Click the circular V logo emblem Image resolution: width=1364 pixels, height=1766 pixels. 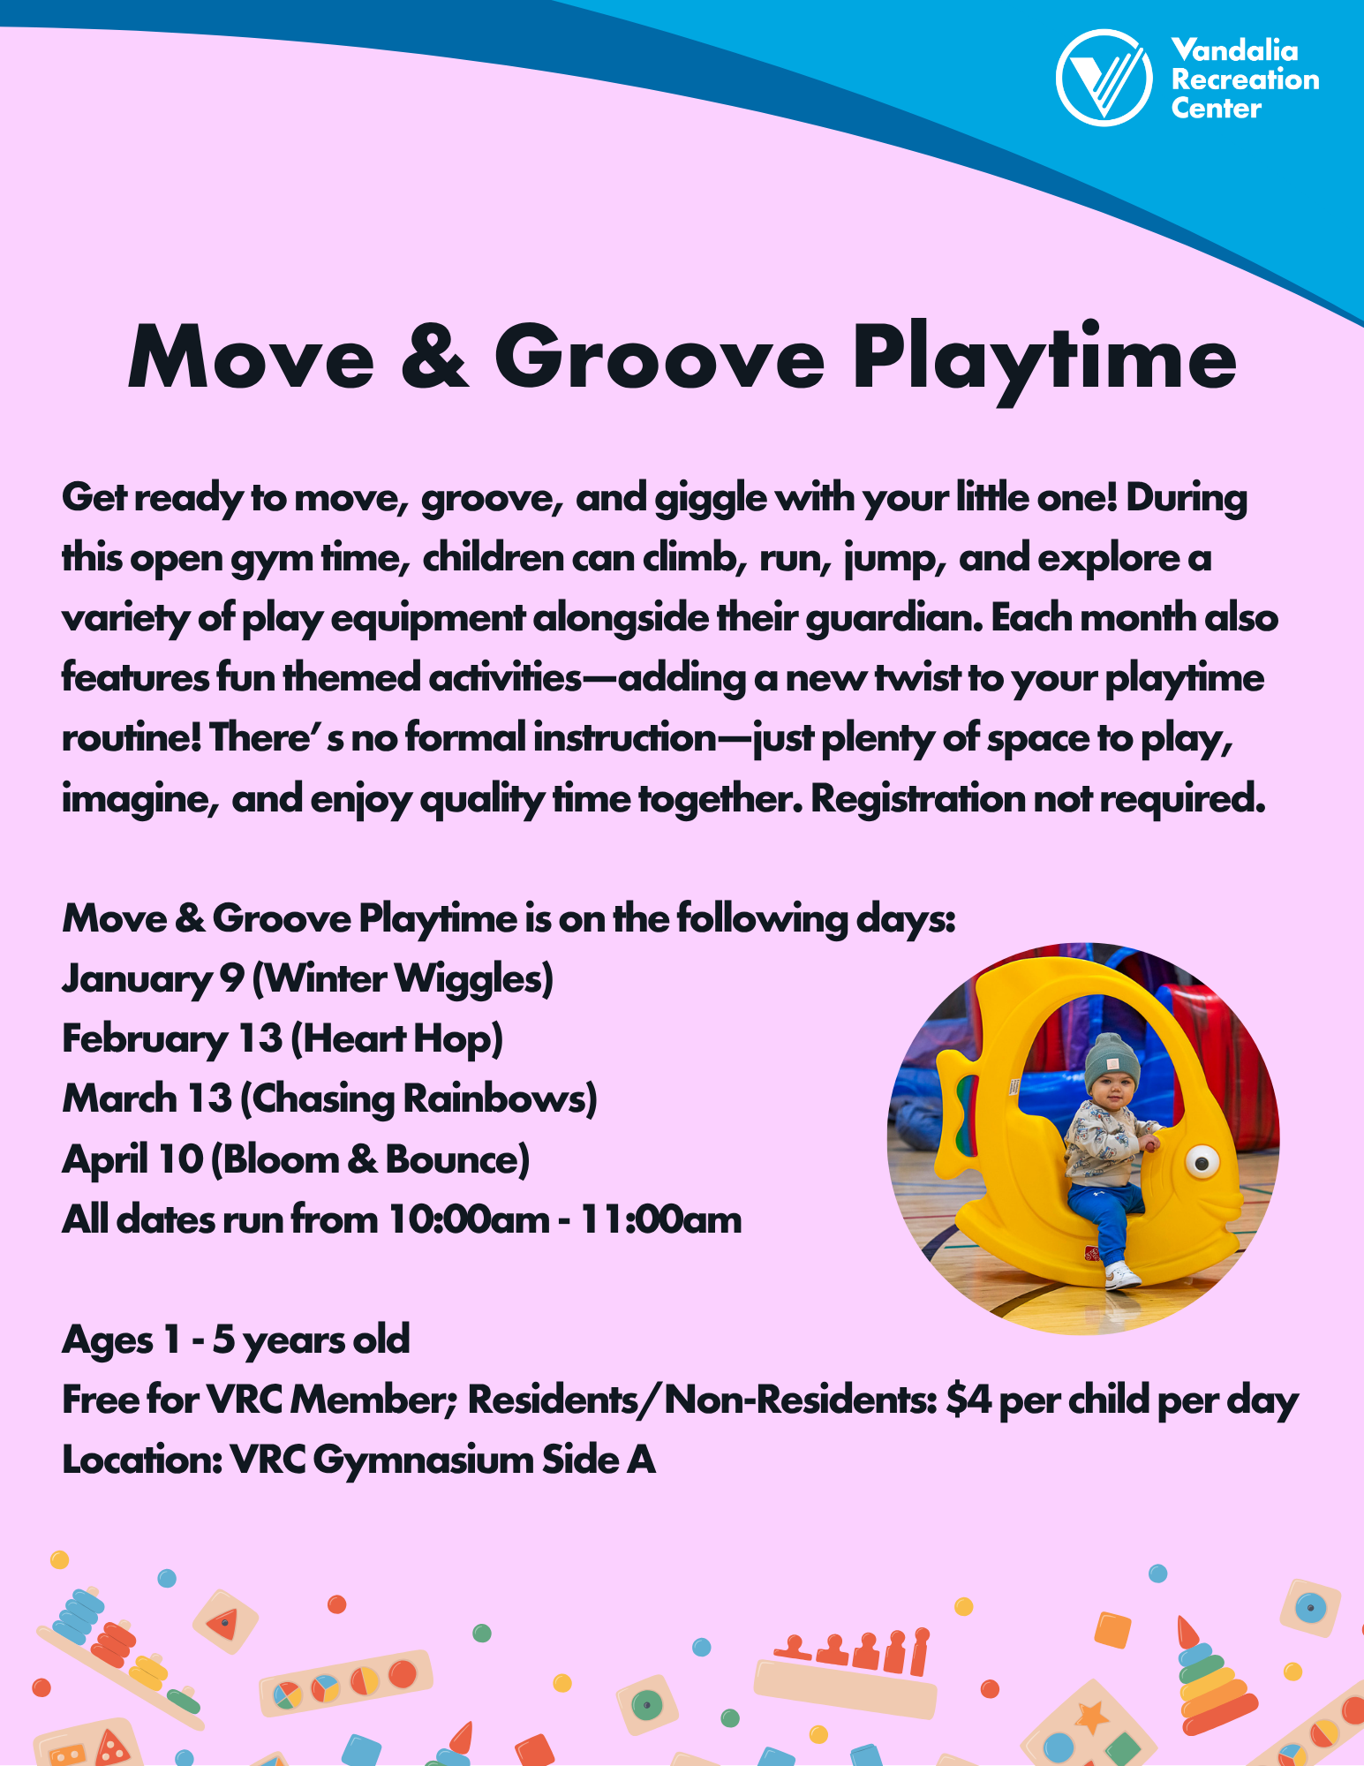pos(1104,78)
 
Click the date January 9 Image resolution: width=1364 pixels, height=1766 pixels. pos(152,979)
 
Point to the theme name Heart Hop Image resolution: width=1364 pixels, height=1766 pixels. pos(397,1039)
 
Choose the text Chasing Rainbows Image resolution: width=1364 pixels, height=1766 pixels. pos(418,1099)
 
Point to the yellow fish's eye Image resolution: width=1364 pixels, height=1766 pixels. pos(1202,1162)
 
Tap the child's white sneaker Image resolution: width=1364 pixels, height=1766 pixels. pos(1121,1274)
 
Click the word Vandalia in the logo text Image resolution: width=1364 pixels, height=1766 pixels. pos(1234,50)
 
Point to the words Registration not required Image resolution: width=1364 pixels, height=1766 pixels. pos(1037,799)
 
